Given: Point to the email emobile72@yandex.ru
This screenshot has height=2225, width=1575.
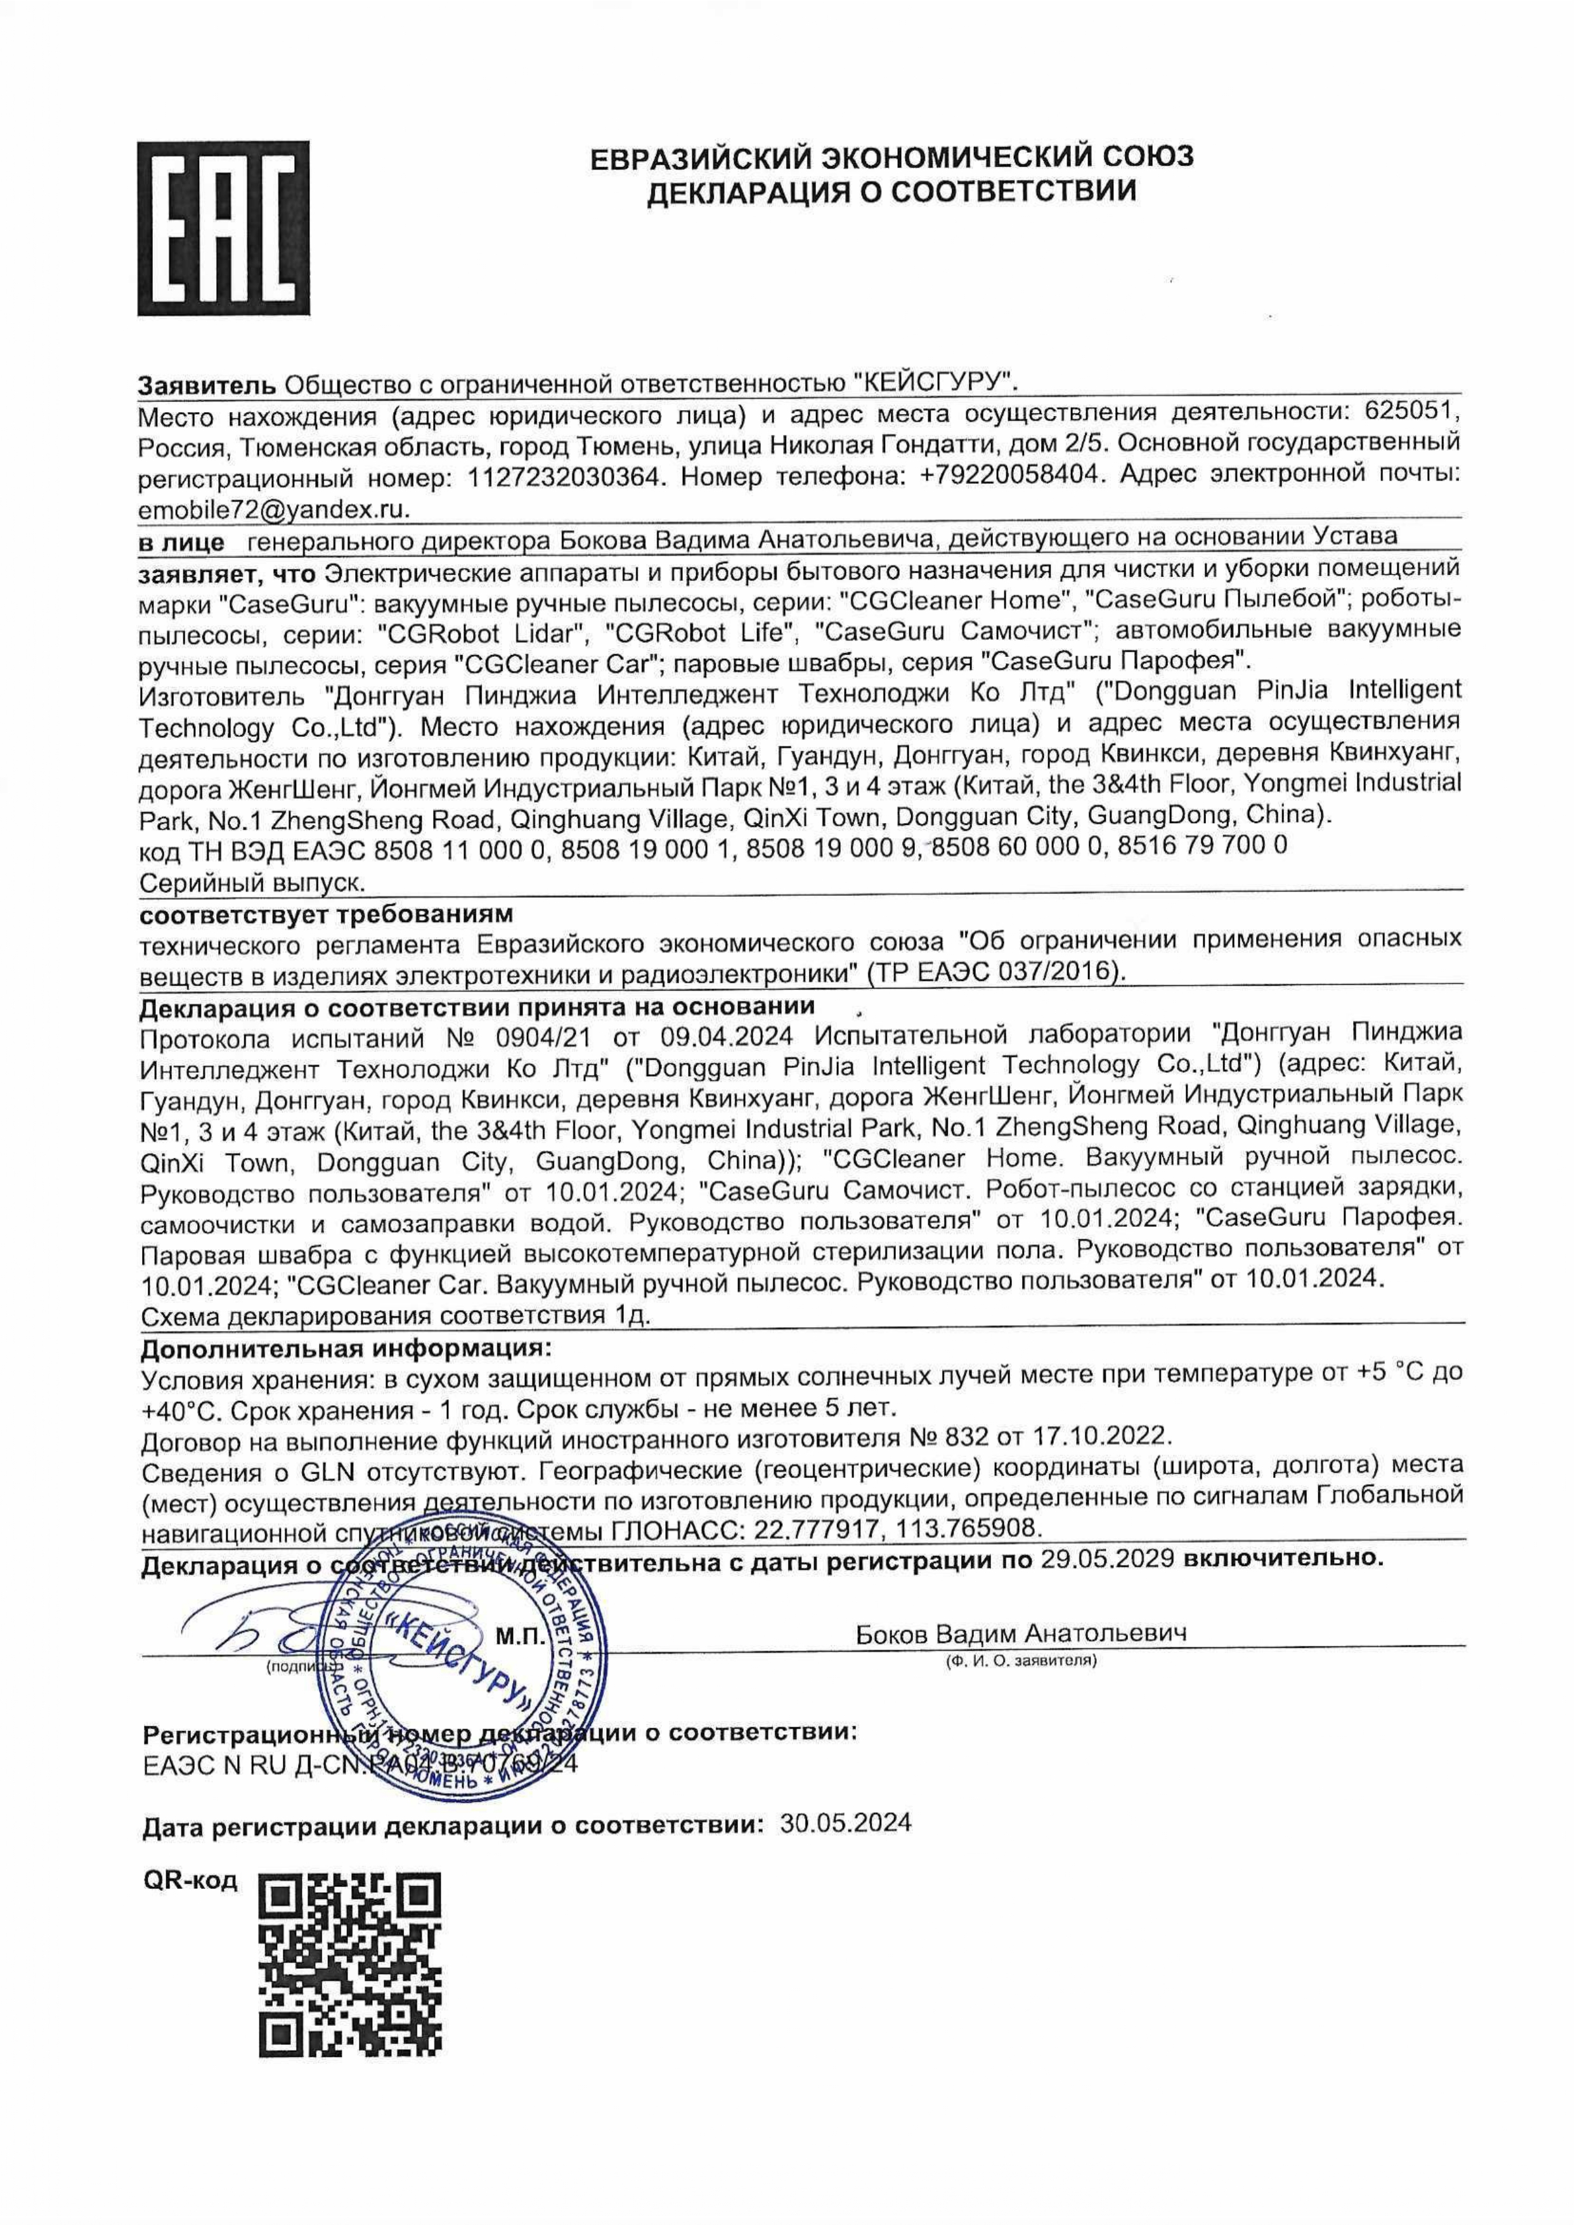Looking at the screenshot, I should click(x=275, y=509).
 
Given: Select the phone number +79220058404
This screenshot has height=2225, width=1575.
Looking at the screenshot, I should click(x=1011, y=476).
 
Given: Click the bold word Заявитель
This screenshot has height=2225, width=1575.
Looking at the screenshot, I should click(x=209, y=384).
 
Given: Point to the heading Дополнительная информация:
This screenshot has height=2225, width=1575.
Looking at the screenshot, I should click(x=346, y=1349).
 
